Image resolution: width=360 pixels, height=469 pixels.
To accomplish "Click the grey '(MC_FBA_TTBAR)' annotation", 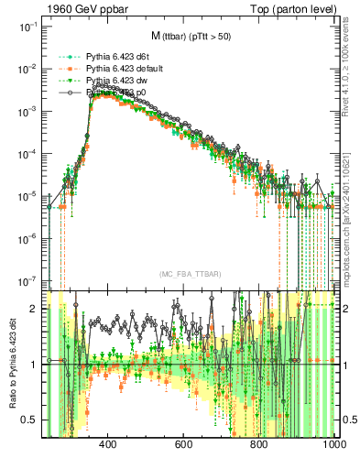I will coord(191,274).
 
